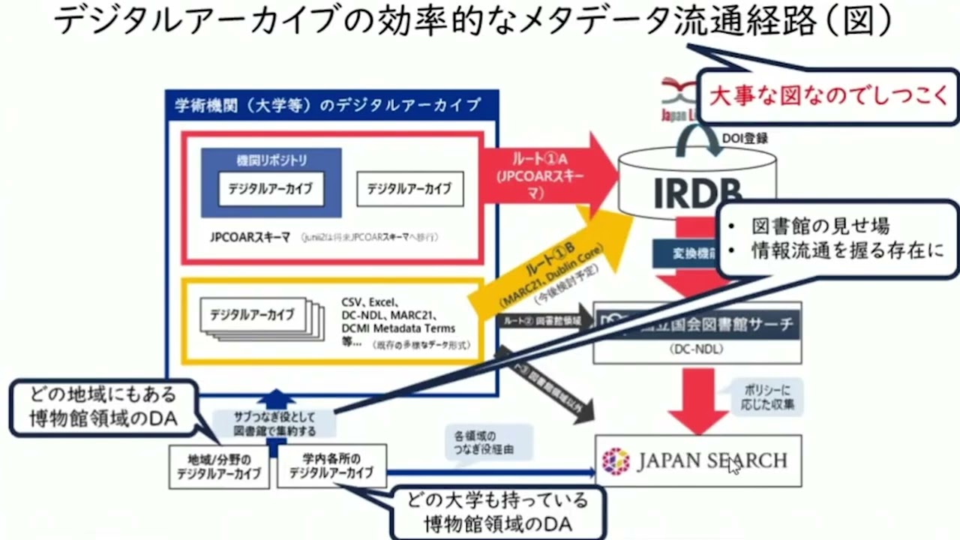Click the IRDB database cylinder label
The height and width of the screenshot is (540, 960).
point(696,192)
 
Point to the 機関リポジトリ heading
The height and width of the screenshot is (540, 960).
point(271,160)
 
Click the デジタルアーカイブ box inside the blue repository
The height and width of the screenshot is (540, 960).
point(271,189)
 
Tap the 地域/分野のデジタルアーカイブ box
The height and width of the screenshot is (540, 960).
point(218,466)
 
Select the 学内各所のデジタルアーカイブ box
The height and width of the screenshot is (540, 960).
point(331,466)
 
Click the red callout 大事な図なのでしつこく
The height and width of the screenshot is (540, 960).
point(828,97)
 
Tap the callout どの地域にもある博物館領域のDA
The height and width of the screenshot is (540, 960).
point(103,407)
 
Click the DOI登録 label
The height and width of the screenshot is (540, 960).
point(745,138)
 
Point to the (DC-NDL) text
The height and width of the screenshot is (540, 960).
point(697,349)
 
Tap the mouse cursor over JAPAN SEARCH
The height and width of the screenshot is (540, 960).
point(734,466)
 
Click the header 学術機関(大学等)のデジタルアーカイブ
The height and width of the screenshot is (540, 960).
point(328,105)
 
